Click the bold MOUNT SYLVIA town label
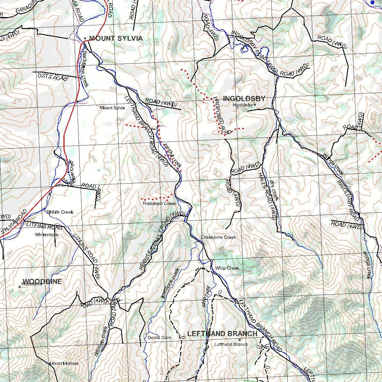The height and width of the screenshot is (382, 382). click(x=116, y=38)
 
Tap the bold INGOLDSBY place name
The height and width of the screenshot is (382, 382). click(x=244, y=99)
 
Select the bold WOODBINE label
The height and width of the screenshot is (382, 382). click(x=42, y=282)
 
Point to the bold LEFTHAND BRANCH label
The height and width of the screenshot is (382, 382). click(x=222, y=334)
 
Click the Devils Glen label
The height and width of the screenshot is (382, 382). click(x=159, y=338)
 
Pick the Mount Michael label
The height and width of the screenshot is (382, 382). click(x=64, y=363)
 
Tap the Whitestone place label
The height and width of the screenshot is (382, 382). click(x=46, y=235)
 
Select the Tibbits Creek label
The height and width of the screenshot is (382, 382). click(x=60, y=212)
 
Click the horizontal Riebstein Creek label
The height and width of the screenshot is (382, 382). click(x=159, y=204)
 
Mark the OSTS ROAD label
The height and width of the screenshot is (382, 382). click(x=53, y=77)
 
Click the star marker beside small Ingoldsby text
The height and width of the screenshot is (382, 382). click(x=255, y=105)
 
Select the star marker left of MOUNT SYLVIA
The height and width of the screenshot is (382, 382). click(x=85, y=38)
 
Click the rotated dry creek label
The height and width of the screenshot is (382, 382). click(x=275, y=191)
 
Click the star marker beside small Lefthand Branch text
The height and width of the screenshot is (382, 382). click(x=239, y=339)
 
